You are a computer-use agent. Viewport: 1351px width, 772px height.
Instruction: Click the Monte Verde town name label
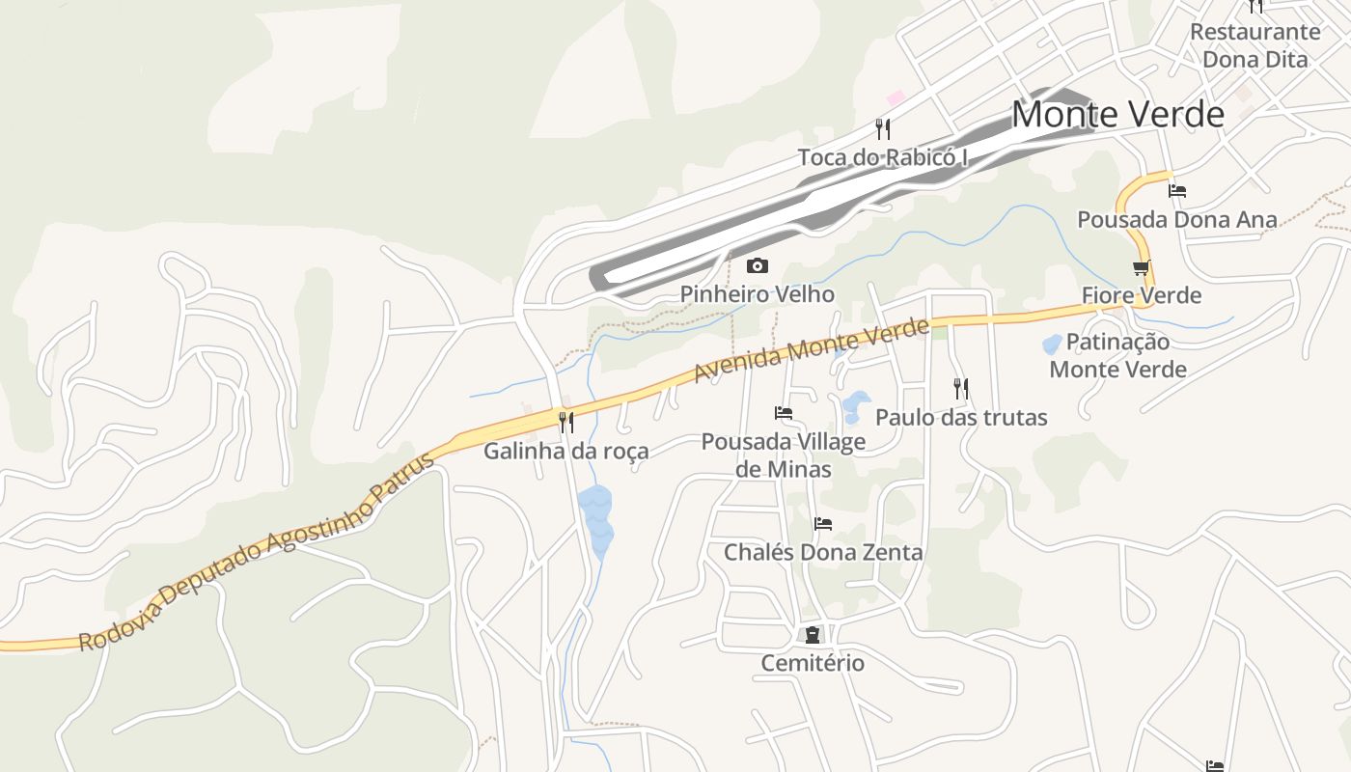point(1117,115)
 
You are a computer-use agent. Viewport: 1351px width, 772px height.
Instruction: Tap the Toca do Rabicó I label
point(882,157)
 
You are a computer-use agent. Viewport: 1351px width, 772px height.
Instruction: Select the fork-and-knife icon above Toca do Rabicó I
point(882,128)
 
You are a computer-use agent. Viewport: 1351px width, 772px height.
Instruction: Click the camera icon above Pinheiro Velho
point(758,265)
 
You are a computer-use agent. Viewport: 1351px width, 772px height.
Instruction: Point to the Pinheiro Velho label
point(758,294)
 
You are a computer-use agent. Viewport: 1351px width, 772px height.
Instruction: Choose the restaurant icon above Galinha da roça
point(566,422)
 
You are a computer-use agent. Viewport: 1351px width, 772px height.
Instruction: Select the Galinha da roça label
point(566,451)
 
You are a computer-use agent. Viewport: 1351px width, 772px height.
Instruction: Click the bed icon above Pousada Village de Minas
point(784,413)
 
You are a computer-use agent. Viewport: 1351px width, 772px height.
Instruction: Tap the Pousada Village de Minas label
point(784,455)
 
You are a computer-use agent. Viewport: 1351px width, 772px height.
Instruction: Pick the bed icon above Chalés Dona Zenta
point(823,524)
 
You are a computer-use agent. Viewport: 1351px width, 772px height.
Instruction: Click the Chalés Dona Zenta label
point(823,553)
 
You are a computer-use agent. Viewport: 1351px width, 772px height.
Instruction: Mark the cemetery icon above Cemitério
point(813,635)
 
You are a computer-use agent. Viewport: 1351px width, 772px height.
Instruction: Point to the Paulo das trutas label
point(961,418)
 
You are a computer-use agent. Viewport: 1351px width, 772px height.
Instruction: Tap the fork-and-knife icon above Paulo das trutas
point(961,389)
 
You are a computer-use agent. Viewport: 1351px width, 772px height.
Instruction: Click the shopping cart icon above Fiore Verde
point(1142,267)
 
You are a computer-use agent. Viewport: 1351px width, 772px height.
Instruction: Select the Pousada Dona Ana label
point(1177,220)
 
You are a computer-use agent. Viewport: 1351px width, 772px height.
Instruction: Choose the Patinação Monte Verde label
point(1118,355)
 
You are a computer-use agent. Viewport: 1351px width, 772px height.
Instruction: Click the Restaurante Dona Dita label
point(1254,45)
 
